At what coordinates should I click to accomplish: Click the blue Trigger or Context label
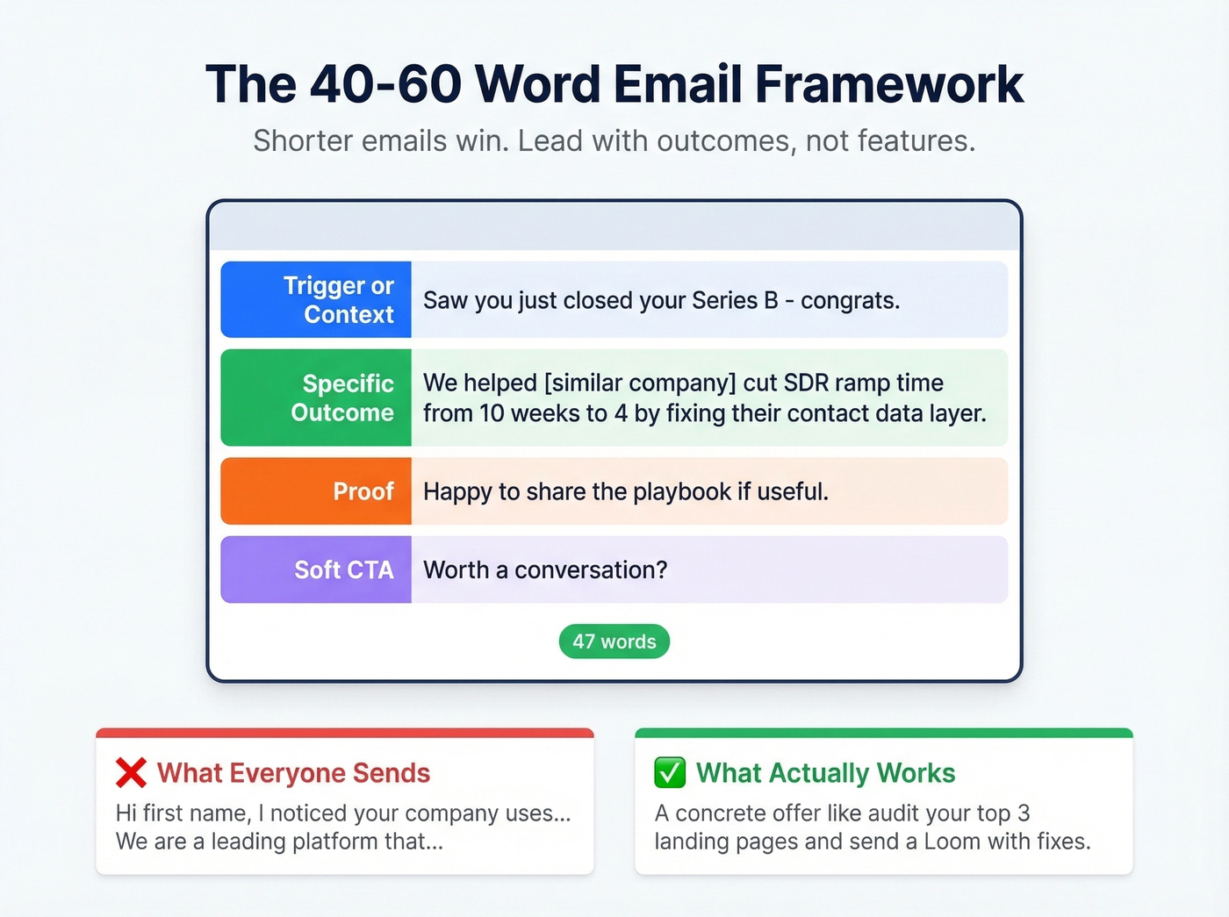316,300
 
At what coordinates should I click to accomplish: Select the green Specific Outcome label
316,398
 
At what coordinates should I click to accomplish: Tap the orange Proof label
316,491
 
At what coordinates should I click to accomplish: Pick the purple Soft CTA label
316,570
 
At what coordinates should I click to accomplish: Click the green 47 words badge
614,641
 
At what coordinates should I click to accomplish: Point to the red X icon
131,773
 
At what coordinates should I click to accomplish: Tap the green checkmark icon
670,773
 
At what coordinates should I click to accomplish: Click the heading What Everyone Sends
293,773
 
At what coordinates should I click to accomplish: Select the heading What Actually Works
825,773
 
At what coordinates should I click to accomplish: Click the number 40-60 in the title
386,85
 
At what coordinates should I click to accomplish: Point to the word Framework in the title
888,85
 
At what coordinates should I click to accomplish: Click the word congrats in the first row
848,301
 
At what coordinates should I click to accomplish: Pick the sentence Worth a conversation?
545,570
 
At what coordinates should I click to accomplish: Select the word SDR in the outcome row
806,383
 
